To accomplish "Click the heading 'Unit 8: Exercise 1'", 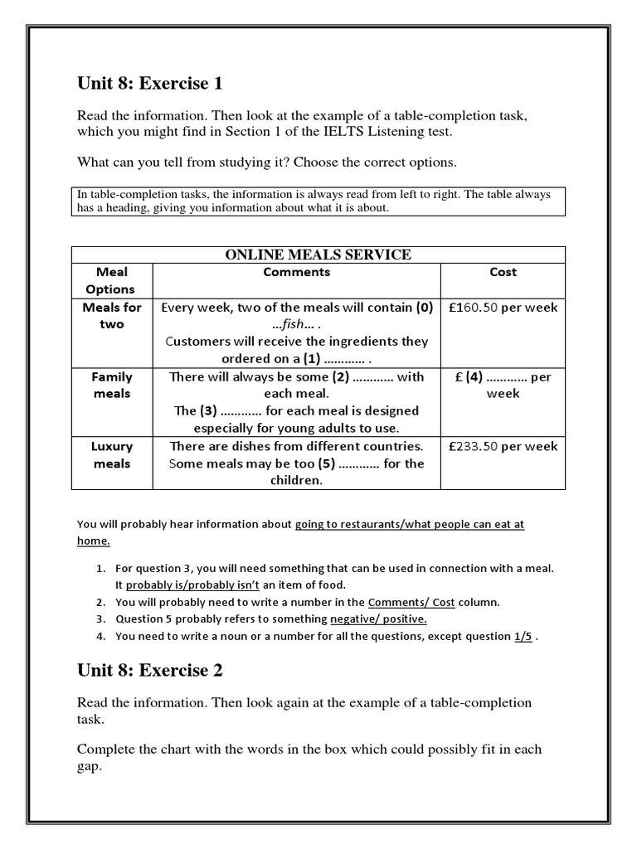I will point(150,83).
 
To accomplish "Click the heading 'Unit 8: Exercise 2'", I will point(150,670).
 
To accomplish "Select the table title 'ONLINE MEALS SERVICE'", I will point(318,255).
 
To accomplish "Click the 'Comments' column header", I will point(297,272).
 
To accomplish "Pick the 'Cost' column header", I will point(503,272).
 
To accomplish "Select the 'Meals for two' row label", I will point(111,316).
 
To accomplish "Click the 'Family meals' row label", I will point(111,385).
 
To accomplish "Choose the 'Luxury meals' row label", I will point(111,454).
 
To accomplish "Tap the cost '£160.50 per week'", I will point(503,308).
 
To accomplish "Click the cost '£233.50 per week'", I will point(503,446).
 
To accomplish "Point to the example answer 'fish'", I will point(296,324).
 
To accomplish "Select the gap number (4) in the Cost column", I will point(474,376).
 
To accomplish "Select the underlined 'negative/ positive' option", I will point(378,619).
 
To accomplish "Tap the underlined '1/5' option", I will point(523,637).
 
